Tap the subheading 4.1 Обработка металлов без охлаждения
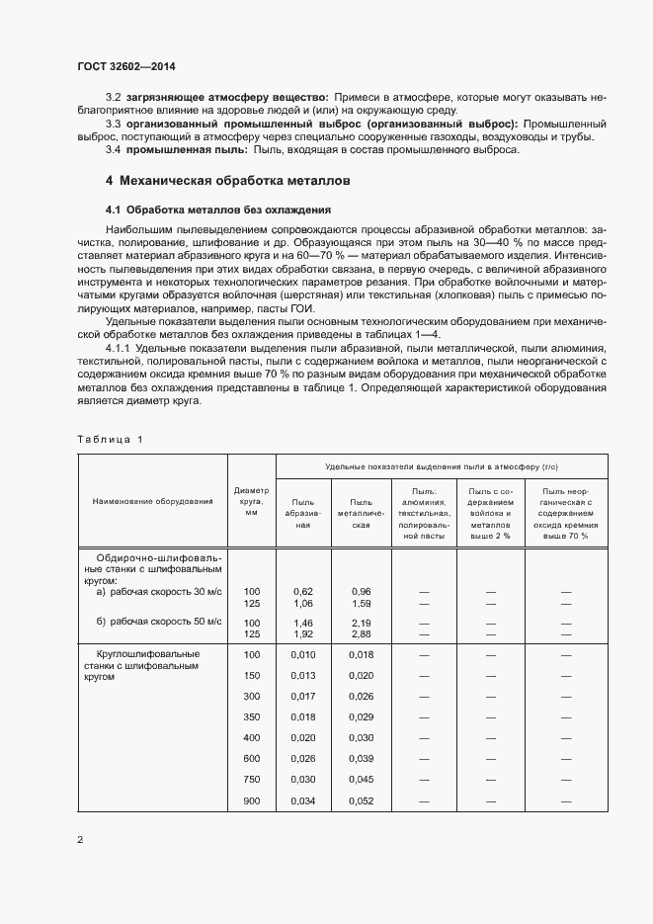pos(217,210)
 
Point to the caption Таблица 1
pos(109,439)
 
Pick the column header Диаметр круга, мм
pos(251,501)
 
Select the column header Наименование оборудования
pos(152,501)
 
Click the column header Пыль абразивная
pos(303,507)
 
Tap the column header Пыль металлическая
pos(361,507)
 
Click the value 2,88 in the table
pos(361,633)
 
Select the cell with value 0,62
pos(303,590)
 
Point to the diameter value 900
pos(251,800)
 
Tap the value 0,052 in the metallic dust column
pos(361,800)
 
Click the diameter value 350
pos(251,716)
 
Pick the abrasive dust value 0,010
pos(303,654)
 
